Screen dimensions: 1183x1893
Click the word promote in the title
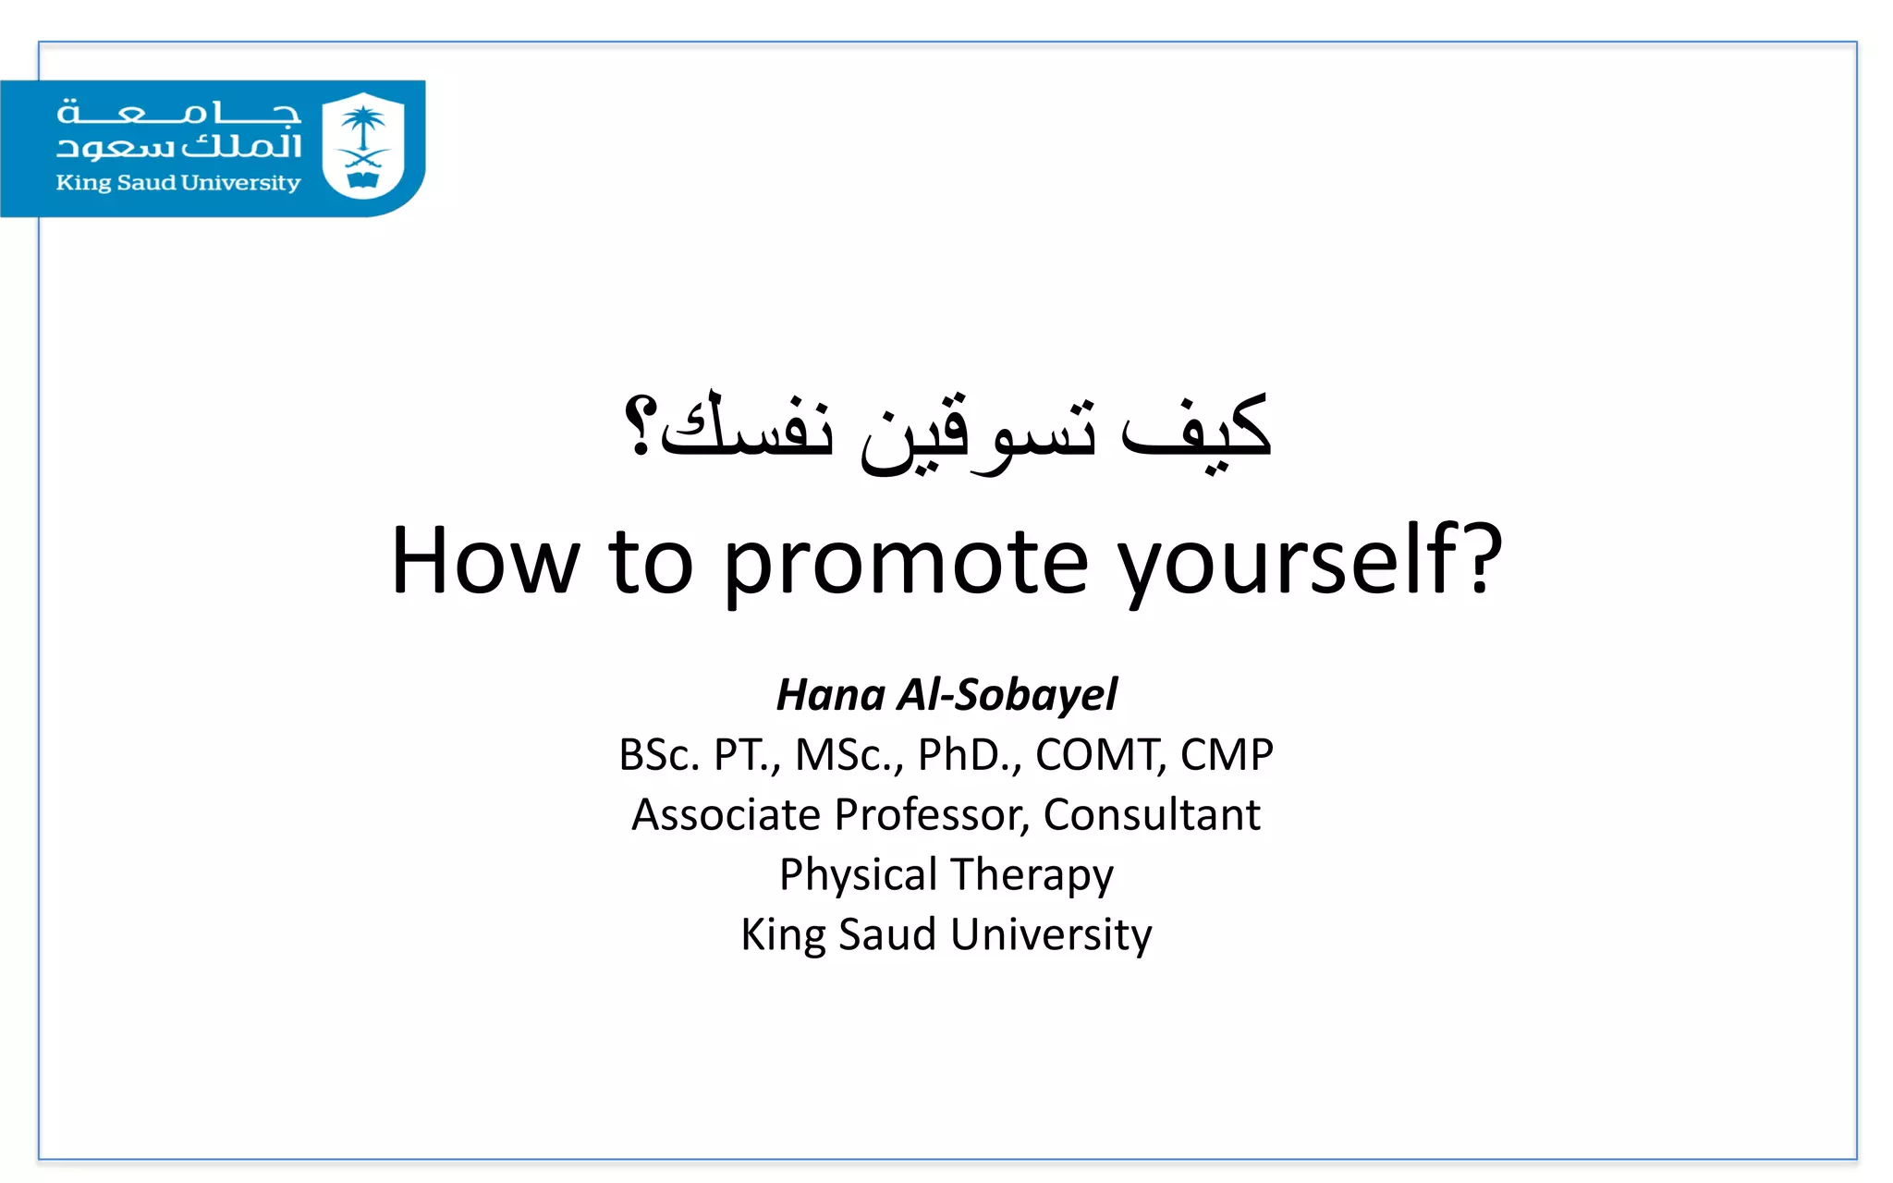coord(905,562)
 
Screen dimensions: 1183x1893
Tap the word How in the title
coord(484,562)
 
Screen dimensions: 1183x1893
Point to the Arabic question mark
coord(640,427)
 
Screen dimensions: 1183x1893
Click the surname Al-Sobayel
coord(1008,695)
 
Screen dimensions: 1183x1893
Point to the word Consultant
coord(1151,815)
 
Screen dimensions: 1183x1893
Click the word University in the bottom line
coord(1051,934)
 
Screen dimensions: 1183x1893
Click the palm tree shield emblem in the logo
coord(363,145)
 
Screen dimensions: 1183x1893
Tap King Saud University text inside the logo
coord(178,183)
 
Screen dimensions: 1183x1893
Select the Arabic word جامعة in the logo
coord(178,114)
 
